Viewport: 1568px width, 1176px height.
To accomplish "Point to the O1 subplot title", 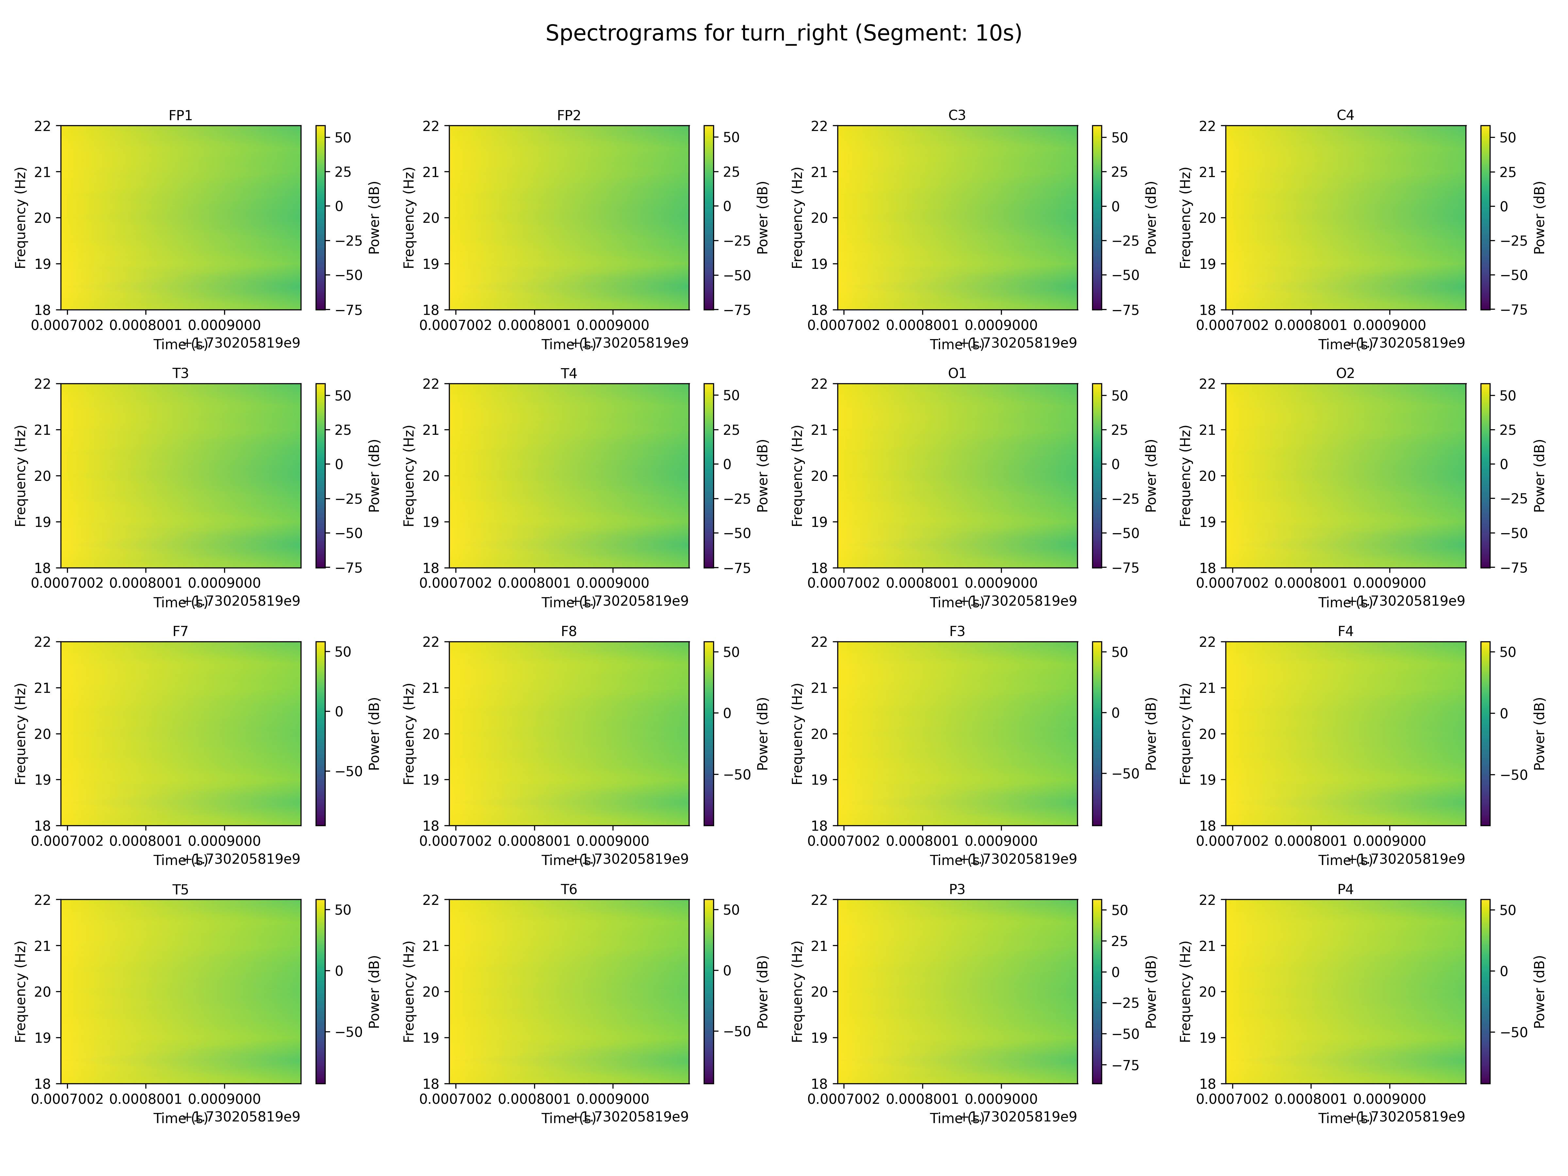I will [957, 373].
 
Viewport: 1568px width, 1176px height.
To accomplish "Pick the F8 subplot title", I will [568, 631].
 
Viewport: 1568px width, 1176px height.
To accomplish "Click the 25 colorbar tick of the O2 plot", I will [1508, 430].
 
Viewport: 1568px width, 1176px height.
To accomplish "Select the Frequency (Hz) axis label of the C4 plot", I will [1186, 218].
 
